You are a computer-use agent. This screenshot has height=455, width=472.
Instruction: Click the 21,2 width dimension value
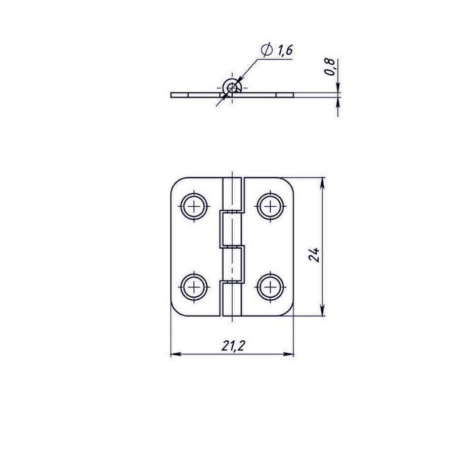[232, 346]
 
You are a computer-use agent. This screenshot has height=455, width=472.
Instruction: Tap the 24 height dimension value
[314, 255]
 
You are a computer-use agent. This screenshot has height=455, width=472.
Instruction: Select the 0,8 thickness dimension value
[330, 67]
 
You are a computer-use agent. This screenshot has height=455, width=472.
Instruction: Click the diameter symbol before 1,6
[267, 50]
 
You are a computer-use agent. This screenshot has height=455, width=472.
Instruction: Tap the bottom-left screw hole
[194, 287]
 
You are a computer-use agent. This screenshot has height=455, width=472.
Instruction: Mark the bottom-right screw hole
[271, 287]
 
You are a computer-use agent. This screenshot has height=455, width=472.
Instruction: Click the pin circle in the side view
[232, 88]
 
